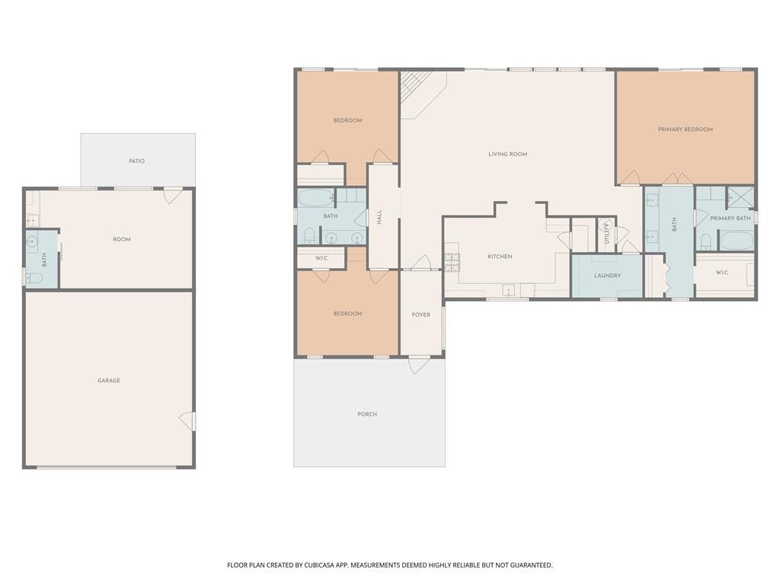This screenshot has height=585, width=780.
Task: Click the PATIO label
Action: click(136, 161)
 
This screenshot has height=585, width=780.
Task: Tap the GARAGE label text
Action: click(108, 381)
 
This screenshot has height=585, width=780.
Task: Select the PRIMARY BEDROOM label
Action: click(685, 129)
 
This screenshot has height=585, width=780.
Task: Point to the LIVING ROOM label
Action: click(507, 155)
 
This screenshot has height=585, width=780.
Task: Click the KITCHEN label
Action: click(500, 257)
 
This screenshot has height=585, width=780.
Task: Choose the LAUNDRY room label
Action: click(607, 276)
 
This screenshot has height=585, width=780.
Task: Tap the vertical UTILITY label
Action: click(607, 232)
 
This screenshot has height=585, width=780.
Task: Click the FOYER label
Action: click(421, 315)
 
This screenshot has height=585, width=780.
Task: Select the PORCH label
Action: click(367, 414)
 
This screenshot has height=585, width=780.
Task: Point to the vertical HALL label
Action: click(379, 217)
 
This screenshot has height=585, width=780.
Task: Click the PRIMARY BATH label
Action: click(730, 219)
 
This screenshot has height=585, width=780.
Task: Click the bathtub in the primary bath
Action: click(736, 241)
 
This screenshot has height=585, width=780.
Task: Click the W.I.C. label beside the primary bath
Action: click(721, 273)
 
